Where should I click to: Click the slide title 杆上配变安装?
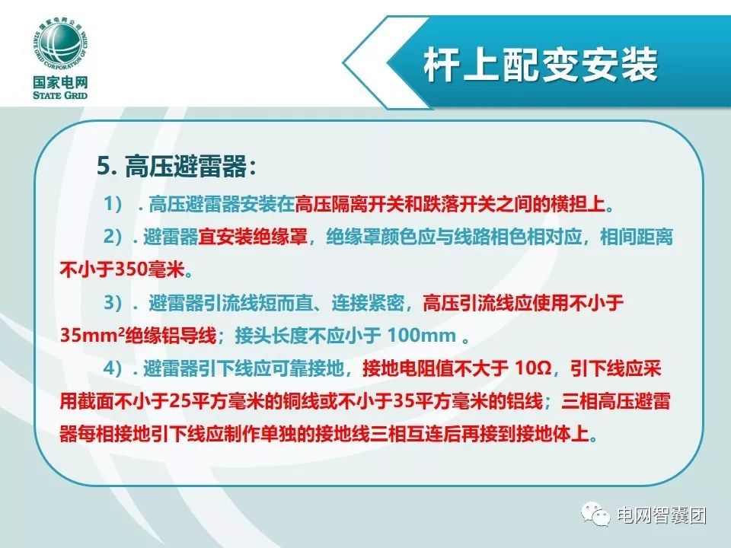point(541,65)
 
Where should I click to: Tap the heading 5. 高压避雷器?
point(177,167)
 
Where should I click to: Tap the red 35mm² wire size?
point(92,335)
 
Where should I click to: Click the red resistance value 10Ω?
point(533,368)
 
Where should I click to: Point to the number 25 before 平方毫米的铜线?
point(180,401)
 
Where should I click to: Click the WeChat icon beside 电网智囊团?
point(595,515)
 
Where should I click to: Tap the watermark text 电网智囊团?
point(662,515)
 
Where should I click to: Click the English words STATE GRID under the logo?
point(60,95)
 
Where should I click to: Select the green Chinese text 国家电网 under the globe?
point(60,82)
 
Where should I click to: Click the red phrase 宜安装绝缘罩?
point(253,237)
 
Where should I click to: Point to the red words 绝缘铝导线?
point(171,336)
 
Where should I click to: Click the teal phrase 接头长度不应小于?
point(308,336)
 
